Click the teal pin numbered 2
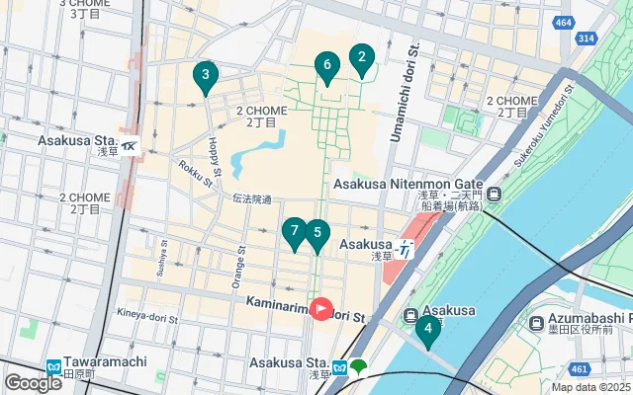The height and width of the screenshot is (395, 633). [362, 60]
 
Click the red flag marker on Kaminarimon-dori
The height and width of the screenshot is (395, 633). [321, 309]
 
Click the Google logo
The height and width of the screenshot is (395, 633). [33, 382]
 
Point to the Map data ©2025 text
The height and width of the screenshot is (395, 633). [589, 387]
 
